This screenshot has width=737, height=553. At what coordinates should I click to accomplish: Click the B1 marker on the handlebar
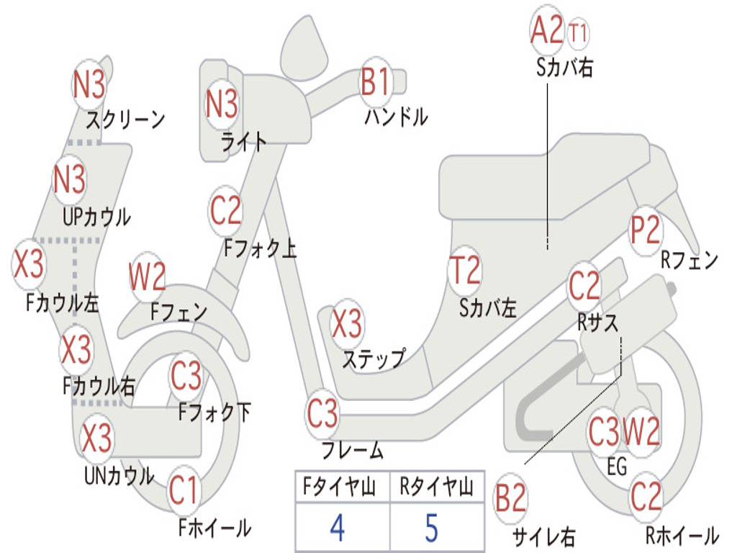point(376,81)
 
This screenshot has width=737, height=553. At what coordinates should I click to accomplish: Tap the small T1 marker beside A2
point(578,33)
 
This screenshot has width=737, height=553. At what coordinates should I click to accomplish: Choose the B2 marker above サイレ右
point(511,498)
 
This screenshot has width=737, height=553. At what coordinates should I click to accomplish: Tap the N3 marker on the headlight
point(222,104)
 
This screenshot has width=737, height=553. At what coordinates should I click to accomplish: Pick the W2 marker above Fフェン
point(147,277)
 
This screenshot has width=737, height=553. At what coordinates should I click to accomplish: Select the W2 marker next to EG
point(641,431)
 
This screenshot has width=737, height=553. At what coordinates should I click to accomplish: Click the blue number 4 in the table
point(338,528)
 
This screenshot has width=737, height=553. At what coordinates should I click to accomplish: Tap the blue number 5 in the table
point(432,528)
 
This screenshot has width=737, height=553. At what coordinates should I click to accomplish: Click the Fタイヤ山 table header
point(340,486)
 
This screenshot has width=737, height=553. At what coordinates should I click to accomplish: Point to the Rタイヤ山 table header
point(436,486)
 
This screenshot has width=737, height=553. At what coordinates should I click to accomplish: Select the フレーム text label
point(353,451)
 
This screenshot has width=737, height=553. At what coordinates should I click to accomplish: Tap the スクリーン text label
point(125,120)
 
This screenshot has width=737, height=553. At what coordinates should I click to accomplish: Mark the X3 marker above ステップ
point(347,323)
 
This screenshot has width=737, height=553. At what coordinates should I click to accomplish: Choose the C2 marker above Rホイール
point(646,497)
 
